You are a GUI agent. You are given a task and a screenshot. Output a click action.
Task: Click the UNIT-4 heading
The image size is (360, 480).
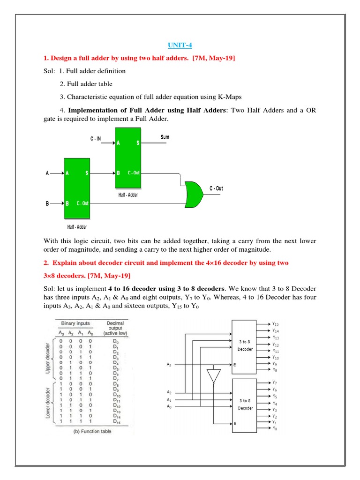180,45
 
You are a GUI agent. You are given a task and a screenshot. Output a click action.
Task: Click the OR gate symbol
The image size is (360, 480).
193,194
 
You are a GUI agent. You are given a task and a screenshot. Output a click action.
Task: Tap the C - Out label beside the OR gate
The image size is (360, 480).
216,188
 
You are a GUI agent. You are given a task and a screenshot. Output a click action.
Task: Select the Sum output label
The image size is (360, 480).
165,137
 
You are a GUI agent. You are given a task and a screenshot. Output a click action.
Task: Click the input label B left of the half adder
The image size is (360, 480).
47,203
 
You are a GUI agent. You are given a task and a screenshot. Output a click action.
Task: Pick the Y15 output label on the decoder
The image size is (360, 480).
275,323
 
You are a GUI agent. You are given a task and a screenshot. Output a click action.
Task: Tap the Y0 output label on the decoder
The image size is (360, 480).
275,428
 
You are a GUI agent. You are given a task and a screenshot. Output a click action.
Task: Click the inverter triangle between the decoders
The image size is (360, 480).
213,375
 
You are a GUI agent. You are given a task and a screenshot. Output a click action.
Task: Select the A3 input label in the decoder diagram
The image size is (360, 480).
169,364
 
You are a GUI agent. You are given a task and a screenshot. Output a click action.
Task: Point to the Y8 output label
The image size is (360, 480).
275,370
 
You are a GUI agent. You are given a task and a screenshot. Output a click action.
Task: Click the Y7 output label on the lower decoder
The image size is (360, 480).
275,383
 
